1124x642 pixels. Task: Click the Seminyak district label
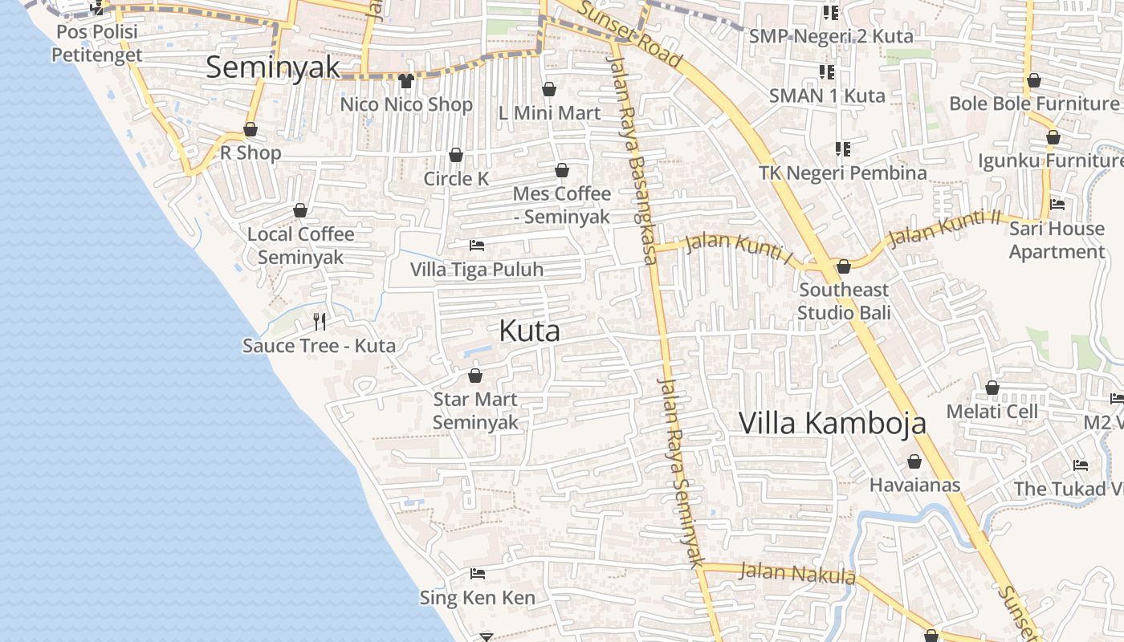pyautogui.click(x=273, y=67)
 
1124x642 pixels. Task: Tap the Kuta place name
pyautogui.click(x=529, y=331)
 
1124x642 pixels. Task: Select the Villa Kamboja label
pyautogui.click(x=832, y=423)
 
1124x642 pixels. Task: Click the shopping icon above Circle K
pyautogui.click(x=456, y=155)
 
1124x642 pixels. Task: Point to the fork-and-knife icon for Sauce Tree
pyautogui.click(x=320, y=322)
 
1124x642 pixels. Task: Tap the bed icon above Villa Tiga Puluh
pyautogui.click(x=477, y=246)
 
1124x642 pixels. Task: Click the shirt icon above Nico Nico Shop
pyautogui.click(x=405, y=81)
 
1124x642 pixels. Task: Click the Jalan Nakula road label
pyautogui.click(x=796, y=574)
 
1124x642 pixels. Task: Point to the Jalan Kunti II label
pyautogui.click(x=946, y=227)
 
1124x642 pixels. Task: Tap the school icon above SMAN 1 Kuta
pyautogui.click(x=826, y=72)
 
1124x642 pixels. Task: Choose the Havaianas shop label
pyautogui.click(x=914, y=485)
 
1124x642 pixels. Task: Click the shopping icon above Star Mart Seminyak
pyautogui.click(x=475, y=376)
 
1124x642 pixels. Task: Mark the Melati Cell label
pyautogui.click(x=992, y=411)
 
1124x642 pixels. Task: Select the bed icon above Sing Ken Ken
pyautogui.click(x=478, y=574)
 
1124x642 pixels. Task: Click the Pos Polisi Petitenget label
pyautogui.click(x=96, y=43)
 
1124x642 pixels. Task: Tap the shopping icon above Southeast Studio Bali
pyautogui.click(x=843, y=266)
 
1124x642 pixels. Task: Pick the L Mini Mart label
pyautogui.click(x=549, y=113)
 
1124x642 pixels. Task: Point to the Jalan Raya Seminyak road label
pyautogui.click(x=681, y=473)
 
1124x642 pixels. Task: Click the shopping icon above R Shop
pyautogui.click(x=250, y=129)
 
